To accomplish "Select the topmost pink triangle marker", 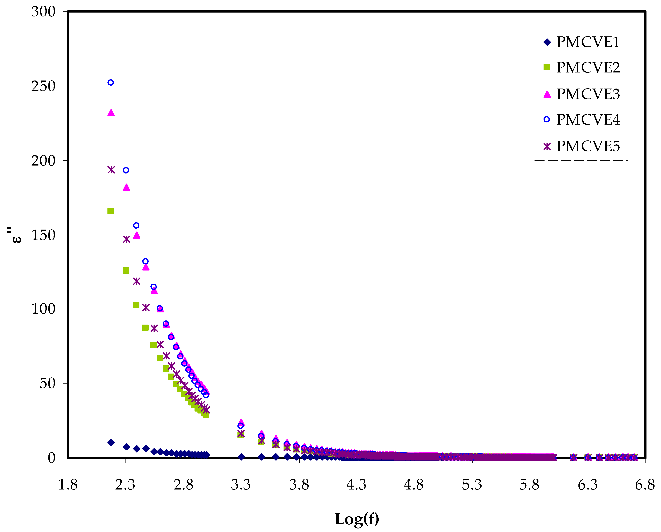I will point(111,113).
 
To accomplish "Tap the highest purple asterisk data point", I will point(111,170).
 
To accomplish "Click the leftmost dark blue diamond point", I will point(111,442).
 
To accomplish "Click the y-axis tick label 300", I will point(43,12).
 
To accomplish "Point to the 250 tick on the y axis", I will point(43,86).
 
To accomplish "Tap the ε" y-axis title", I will point(15,235).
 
